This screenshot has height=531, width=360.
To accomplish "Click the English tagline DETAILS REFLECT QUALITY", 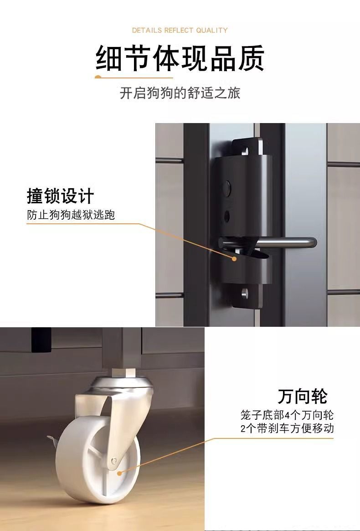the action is coord(180,31).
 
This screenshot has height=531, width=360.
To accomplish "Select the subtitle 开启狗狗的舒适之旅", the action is coord(180,93).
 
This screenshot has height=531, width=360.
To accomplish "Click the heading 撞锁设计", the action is coord(60,196).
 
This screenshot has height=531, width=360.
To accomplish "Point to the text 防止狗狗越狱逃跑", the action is coord(71,215).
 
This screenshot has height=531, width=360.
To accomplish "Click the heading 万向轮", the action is coord(303,396).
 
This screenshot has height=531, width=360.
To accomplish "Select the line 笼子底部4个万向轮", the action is coord(287,415).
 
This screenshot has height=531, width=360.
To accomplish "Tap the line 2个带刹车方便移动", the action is coord(287,428).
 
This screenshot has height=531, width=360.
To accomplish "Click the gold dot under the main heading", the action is coord(98,77).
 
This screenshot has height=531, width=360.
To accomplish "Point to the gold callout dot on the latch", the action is coord(234,259).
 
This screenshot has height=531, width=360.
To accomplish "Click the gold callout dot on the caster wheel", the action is coord(119,473).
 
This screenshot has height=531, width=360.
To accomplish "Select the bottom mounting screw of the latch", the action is coord(245,294).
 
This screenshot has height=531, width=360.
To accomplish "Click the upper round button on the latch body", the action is coord(227,186).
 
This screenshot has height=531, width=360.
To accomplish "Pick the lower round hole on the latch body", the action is coord(226,216).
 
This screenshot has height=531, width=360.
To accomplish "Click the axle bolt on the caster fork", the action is coord(114,460).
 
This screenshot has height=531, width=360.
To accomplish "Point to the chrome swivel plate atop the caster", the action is coord(120,384).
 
